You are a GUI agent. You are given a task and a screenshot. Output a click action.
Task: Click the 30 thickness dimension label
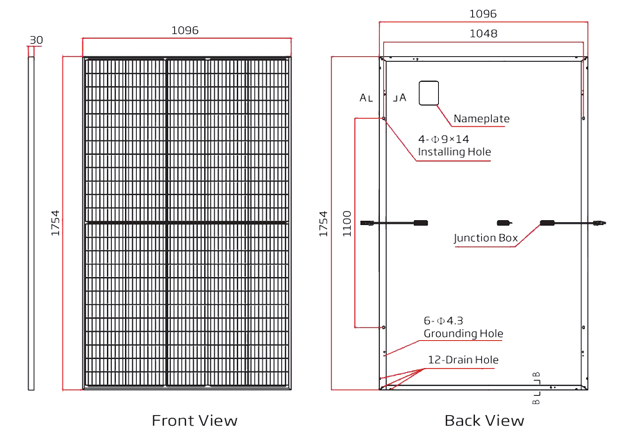click(x=36, y=40)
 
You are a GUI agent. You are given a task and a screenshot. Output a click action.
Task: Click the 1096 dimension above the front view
click(x=185, y=31)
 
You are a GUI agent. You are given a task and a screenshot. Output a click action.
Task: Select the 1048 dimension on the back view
click(x=483, y=33)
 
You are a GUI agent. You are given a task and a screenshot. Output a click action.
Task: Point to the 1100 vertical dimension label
click(x=347, y=224)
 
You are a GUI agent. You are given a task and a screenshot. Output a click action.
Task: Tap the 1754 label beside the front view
click(x=55, y=223)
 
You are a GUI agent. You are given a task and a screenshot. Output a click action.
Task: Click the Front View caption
click(x=194, y=421)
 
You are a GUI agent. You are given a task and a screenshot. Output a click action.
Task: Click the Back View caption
click(x=484, y=421)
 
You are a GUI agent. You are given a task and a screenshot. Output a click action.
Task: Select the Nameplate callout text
click(x=481, y=119)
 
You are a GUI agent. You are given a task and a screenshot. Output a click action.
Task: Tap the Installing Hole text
click(x=454, y=152)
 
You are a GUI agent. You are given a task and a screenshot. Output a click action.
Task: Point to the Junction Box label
click(x=486, y=238)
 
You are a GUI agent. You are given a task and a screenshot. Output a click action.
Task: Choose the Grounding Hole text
click(x=463, y=333)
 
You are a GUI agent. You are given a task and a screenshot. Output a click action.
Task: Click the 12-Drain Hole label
click(x=463, y=360)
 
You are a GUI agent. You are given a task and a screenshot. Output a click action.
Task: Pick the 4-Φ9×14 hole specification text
click(x=444, y=140)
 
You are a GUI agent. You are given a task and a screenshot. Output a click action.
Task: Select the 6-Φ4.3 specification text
click(x=443, y=321)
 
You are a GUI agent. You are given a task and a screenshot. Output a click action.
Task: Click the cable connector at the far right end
click(x=599, y=223)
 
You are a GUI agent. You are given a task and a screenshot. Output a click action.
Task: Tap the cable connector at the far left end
click(x=367, y=223)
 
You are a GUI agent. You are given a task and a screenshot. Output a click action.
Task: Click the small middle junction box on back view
click(x=504, y=223)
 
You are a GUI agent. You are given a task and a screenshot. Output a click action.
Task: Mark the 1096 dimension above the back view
click(x=483, y=14)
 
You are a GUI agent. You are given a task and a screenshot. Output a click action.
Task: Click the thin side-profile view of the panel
click(x=31, y=224)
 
